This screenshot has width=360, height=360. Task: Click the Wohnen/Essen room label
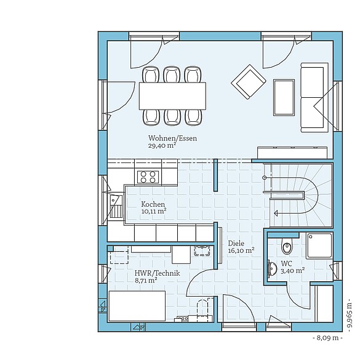click(x=172, y=138)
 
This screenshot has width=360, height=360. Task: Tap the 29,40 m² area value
click(x=162, y=146)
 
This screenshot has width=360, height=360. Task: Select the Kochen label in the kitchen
click(x=153, y=204)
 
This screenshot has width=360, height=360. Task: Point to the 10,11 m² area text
click(x=154, y=211)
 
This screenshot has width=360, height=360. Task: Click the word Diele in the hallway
click(x=235, y=243)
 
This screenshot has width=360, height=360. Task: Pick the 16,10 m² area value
click(x=241, y=250)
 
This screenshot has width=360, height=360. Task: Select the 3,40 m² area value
click(x=293, y=270)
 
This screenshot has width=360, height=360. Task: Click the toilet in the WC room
click(x=286, y=247)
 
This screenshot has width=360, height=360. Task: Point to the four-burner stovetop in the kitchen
click(x=148, y=177)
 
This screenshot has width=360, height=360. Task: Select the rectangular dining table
click(x=172, y=95)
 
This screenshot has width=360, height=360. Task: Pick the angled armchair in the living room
click(x=248, y=81)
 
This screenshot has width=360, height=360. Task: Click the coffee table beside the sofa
click(x=283, y=97)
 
